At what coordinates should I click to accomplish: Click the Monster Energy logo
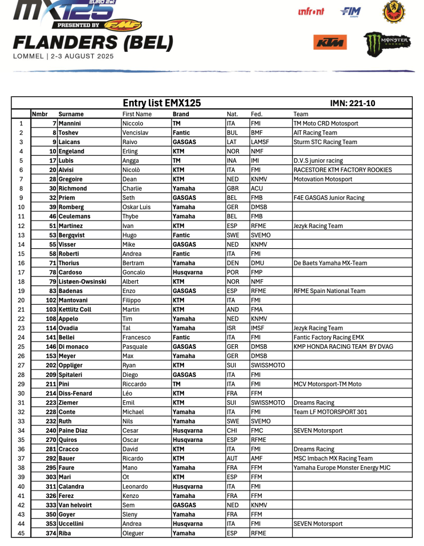tap(387, 44)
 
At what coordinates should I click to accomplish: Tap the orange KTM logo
tap(330, 42)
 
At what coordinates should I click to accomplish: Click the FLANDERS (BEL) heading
tap(93, 43)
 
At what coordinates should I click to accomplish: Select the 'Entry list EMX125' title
tap(162, 103)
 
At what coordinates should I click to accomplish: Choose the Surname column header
tap(71, 114)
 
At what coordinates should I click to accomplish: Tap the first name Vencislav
tap(137, 132)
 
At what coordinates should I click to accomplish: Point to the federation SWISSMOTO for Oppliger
tap(268, 365)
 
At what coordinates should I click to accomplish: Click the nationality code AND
tap(233, 310)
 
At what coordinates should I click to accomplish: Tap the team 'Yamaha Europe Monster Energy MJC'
tap(341, 468)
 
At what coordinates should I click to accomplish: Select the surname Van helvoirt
tap(76, 505)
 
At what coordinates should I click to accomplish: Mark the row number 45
tap(21, 533)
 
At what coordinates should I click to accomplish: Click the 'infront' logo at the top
tap(311, 11)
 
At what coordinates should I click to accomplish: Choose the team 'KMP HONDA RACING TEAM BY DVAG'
tap(343, 346)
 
